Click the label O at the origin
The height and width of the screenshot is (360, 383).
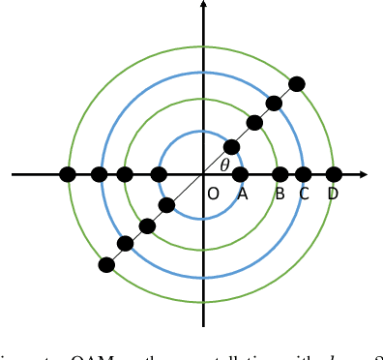click(x=213, y=194)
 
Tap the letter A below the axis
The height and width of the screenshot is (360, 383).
click(x=242, y=194)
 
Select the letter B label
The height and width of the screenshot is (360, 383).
click(x=280, y=194)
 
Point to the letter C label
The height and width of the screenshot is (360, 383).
click(x=304, y=194)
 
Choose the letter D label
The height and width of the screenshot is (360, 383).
click(x=333, y=194)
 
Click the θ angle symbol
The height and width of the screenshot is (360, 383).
click(x=224, y=165)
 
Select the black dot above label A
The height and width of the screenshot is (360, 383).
click(x=241, y=174)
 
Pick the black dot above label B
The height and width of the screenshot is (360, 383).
click(x=280, y=174)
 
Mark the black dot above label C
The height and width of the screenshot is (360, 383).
click(x=304, y=174)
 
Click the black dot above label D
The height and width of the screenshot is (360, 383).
click(x=334, y=174)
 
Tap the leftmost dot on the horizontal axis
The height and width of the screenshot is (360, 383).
click(x=68, y=174)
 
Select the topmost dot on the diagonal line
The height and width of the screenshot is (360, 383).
click(x=297, y=84)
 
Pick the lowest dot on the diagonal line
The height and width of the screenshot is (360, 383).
click(x=106, y=264)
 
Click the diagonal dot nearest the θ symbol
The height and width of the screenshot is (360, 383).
click(x=231, y=147)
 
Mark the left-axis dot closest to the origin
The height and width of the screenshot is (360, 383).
click(x=159, y=174)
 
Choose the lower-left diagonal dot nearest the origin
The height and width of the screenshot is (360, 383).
click(x=166, y=204)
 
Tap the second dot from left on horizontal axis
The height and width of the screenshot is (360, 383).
click(x=99, y=174)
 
